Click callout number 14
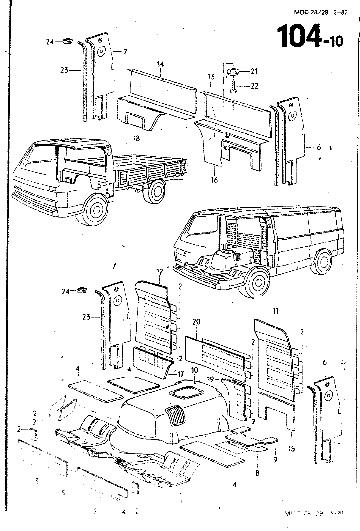click(161, 64)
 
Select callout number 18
click(136, 138)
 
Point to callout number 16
click(214, 180)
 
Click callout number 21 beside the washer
click(254, 71)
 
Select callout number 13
click(211, 77)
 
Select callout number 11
click(275, 311)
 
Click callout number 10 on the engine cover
click(194, 370)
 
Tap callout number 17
click(180, 374)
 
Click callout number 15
click(291, 449)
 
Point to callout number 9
click(275, 460)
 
